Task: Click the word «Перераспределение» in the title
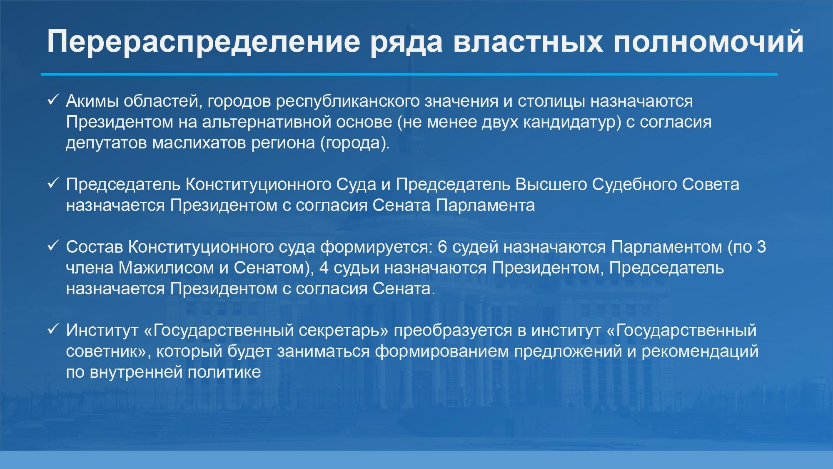tap(203, 42)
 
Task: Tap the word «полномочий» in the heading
tap(708, 41)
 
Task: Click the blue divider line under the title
tap(409, 74)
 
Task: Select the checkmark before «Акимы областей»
tap(53, 100)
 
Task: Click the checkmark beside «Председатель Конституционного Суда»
tap(53, 184)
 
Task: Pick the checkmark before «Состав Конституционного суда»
tap(53, 246)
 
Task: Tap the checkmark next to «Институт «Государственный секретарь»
tap(53, 330)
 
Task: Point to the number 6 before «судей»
tap(442, 247)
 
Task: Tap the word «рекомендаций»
tap(700, 351)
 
